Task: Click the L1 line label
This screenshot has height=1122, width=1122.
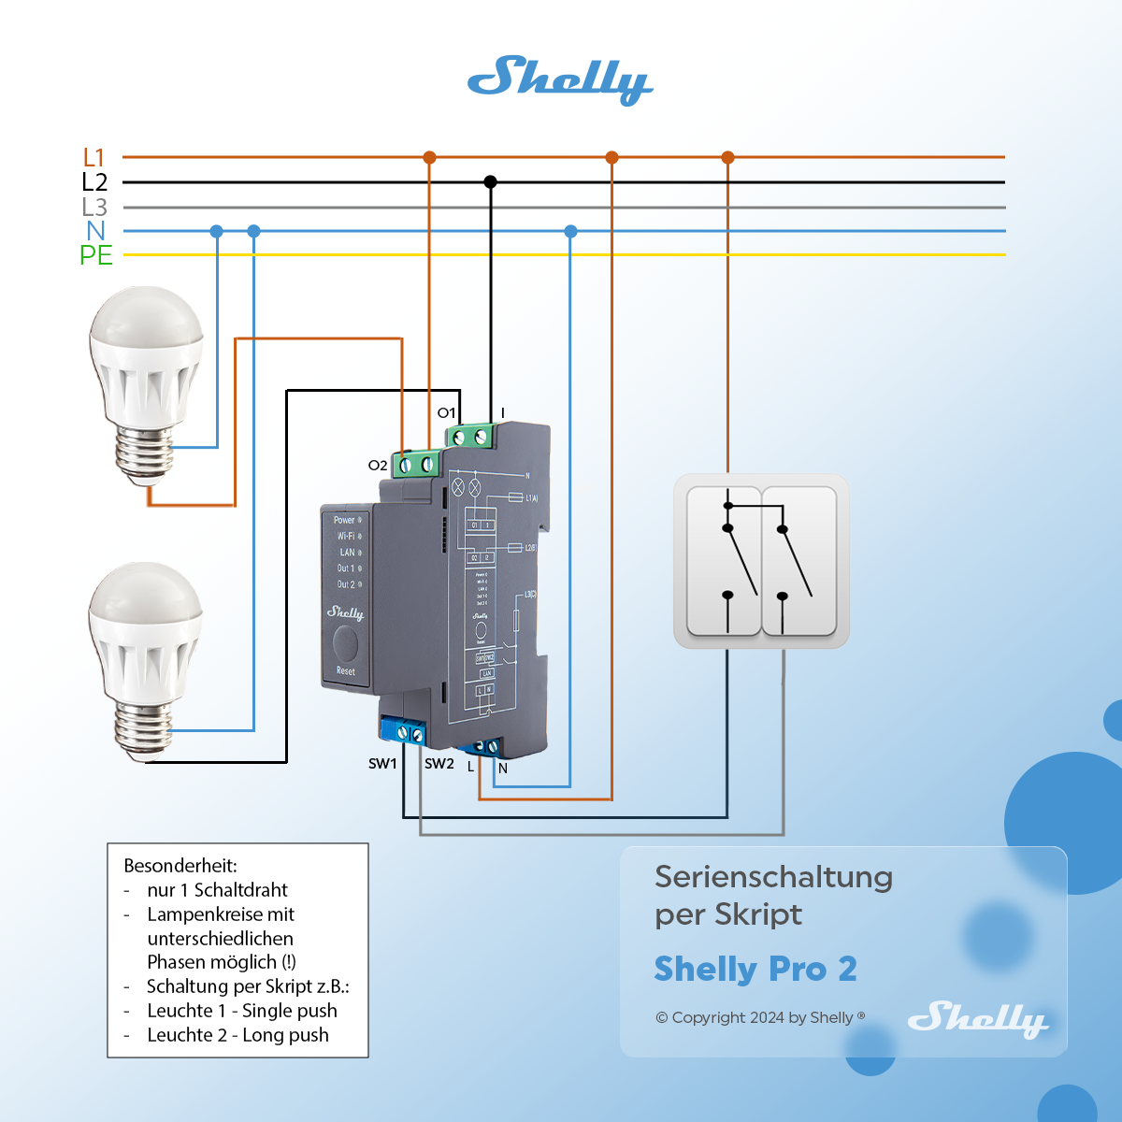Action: (93, 157)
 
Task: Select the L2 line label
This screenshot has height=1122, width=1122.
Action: (94, 182)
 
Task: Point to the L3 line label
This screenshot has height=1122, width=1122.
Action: (94, 207)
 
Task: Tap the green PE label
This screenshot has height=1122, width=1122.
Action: (95, 255)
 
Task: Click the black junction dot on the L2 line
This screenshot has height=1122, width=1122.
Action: (490, 182)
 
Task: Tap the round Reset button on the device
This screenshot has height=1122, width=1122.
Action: (346, 644)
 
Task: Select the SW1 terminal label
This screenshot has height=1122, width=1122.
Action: (382, 764)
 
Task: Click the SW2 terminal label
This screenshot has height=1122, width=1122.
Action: (439, 764)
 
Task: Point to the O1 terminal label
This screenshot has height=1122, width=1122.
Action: (446, 412)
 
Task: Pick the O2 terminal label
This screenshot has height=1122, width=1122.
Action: (377, 465)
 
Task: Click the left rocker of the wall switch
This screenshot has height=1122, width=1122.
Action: (725, 561)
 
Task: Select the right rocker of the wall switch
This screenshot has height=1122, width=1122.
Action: (798, 561)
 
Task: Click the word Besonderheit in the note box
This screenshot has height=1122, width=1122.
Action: (180, 866)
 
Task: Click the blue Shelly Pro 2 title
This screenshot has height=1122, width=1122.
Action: (755, 970)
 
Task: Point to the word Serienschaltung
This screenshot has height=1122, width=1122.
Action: (773, 877)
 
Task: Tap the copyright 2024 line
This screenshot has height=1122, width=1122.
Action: (759, 1017)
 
